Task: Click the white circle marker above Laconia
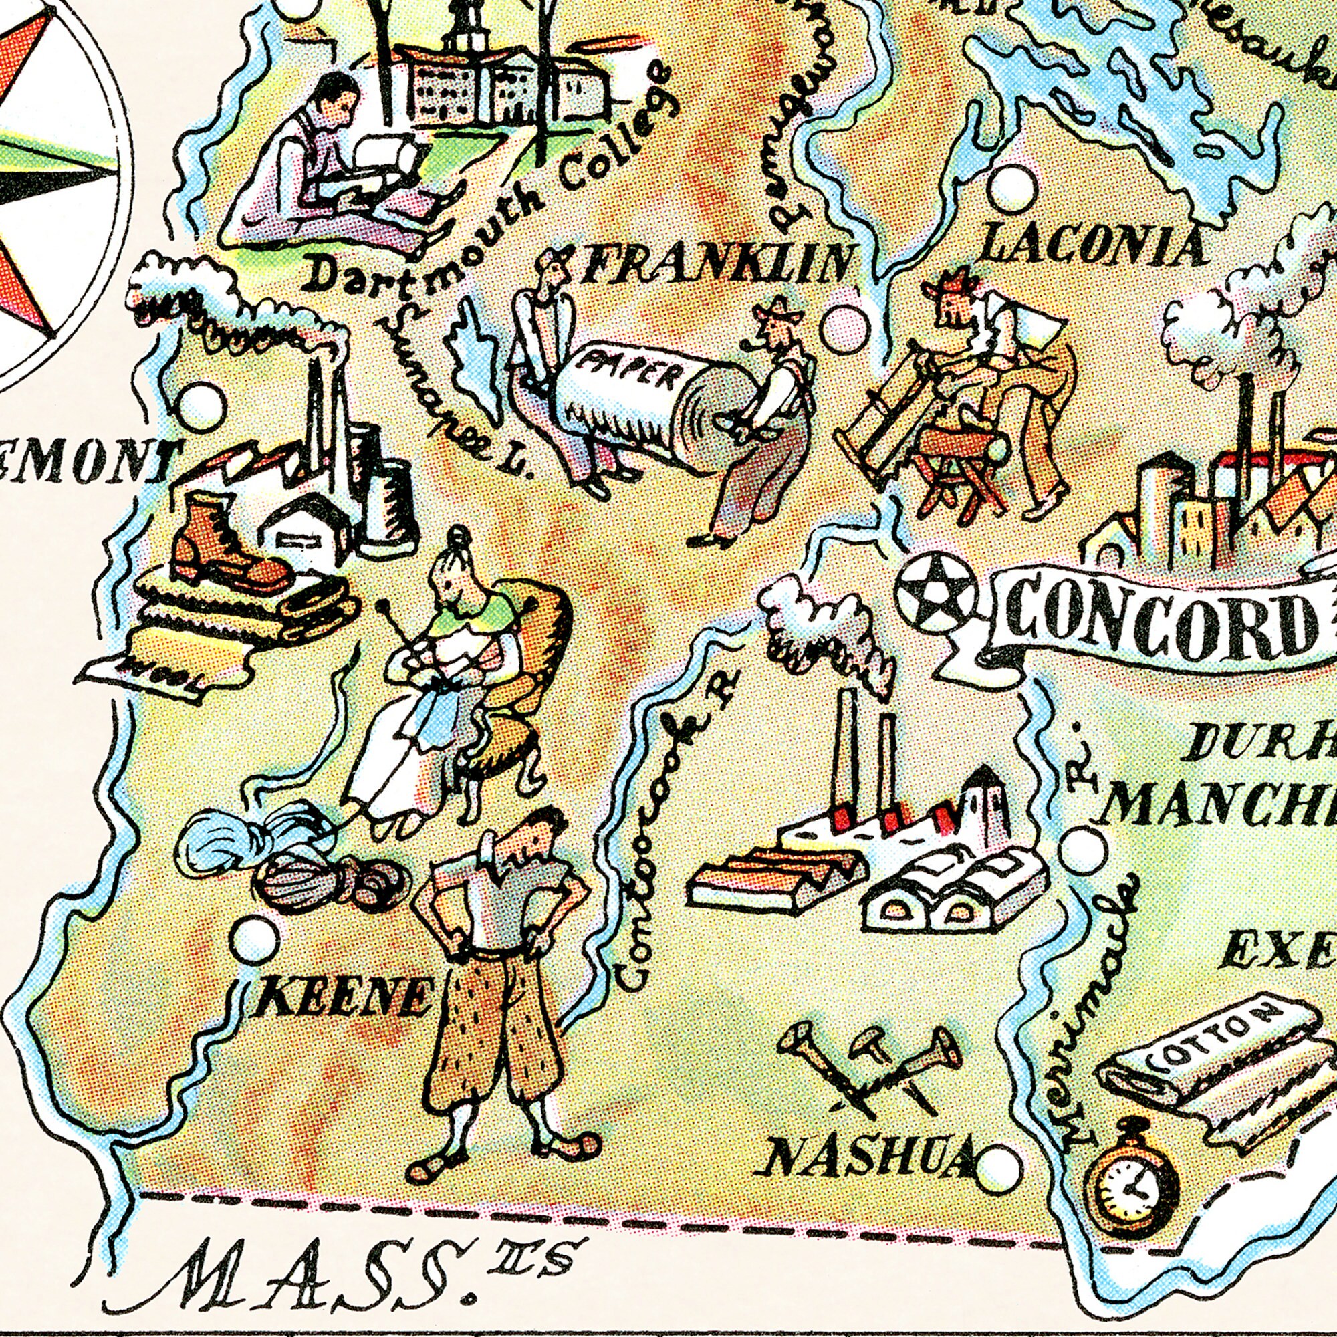click(x=1012, y=189)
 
